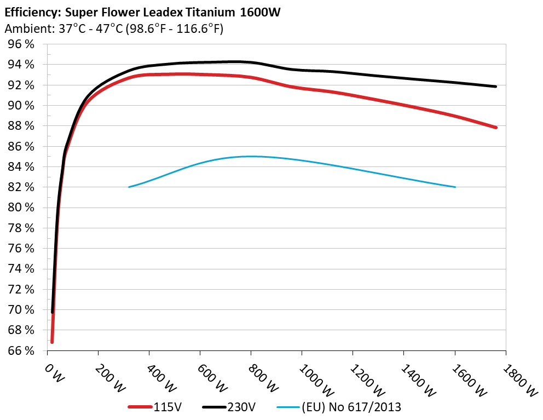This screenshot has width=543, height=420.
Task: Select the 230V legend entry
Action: [x=236, y=407]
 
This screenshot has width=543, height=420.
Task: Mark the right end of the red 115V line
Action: [x=495, y=127]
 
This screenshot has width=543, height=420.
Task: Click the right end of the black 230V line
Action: [x=495, y=87]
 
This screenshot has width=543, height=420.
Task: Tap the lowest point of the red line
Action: [x=52, y=342]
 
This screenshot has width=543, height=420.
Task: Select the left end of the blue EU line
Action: [x=129, y=187]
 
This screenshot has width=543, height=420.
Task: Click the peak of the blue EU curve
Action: [x=251, y=156]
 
